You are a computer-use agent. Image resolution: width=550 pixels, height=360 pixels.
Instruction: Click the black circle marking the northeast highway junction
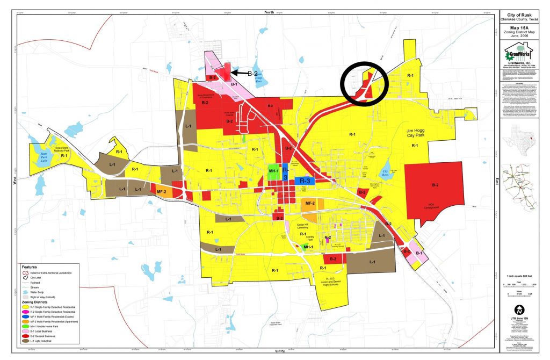[x=364, y=84]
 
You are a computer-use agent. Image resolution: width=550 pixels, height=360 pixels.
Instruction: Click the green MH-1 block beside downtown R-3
[x=274, y=172]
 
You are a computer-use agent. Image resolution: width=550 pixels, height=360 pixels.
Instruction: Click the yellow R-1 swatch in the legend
[x=25, y=306]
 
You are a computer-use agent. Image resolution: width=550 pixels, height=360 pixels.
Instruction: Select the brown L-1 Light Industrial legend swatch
[x=25, y=341]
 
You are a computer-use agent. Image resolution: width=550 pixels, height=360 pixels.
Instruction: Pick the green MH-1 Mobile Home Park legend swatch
[x=25, y=326]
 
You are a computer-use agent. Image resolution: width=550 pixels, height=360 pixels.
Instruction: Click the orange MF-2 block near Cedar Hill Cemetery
[x=310, y=204]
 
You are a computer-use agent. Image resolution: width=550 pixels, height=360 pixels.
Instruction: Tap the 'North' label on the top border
[x=269, y=11]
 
